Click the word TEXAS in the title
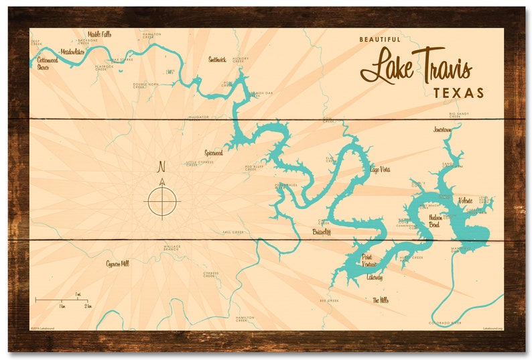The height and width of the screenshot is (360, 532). click(x=458, y=93)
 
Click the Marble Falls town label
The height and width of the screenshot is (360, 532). click(x=99, y=34)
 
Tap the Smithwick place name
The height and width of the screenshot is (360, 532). click(x=218, y=59)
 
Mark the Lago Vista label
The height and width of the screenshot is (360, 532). click(x=380, y=170)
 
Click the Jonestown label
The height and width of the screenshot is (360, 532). click(x=444, y=129)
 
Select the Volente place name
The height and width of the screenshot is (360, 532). click(x=465, y=200)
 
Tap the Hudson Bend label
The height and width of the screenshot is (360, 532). click(x=439, y=221)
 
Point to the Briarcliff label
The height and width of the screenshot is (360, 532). click(x=322, y=233)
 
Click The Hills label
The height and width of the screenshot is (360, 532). click(x=380, y=300)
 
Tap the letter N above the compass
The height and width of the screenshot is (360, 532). click(x=161, y=167)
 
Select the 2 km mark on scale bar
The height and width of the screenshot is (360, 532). click(x=88, y=306)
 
